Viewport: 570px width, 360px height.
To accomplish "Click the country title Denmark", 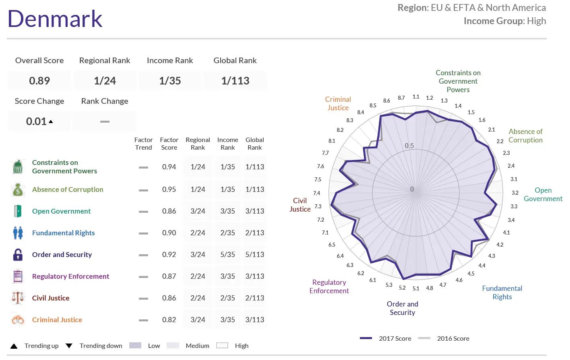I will [55, 19].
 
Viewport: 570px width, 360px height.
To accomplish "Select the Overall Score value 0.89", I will [39, 81].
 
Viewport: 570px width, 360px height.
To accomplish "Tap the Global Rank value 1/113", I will [235, 81].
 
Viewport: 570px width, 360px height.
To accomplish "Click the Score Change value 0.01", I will [37, 121].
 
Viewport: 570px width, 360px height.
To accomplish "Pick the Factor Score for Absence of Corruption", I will [169, 189].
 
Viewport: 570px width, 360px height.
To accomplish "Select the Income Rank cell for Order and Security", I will [227, 255].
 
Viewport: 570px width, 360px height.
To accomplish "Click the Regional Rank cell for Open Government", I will [198, 211].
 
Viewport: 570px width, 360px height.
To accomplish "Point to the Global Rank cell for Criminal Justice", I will [255, 320].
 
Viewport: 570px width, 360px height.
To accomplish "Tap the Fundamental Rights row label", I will [64, 233].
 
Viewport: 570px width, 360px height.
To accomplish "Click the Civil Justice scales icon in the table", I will [18, 298].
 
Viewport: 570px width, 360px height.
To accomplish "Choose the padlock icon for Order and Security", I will [18, 255].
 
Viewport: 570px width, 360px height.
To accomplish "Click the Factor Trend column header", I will [143, 144].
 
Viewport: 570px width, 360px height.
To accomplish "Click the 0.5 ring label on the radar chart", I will [409, 146].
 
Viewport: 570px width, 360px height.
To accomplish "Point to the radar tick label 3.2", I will [515, 193].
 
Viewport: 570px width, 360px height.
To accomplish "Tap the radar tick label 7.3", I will [318, 206].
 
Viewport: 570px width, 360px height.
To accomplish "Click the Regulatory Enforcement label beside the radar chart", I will [329, 286].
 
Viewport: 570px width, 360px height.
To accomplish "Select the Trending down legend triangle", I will [69, 346].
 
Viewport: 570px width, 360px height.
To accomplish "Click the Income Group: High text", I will [505, 21].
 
